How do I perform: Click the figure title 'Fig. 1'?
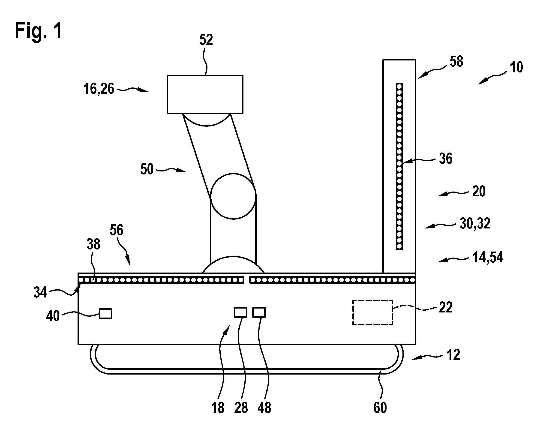point(38,30)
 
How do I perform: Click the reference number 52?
point(206,40)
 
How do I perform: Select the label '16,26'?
point(99,89)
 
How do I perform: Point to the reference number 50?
point(147,169)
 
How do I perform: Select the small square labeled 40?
point(105,313)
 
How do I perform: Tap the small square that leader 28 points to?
point(240,312)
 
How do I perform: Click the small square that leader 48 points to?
point(259,312)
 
